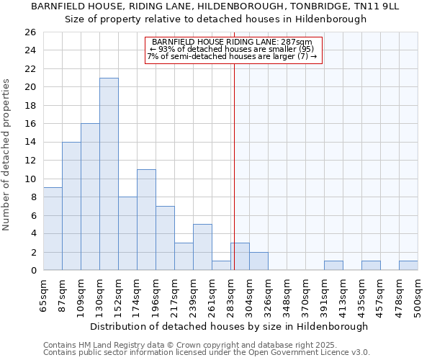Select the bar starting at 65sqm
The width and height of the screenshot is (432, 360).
point(53,229)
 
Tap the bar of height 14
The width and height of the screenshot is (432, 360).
point(71,206)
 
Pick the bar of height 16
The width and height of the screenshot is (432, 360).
point(90,197)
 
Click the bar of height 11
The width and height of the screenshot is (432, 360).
point(146,220)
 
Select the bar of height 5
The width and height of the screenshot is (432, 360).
point(202,247)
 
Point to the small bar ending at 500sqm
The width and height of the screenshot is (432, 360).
point(408,266)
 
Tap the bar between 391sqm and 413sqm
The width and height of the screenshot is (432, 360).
point(333,266)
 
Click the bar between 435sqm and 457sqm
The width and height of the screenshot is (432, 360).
point(371,266)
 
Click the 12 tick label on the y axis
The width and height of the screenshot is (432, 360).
point(30,161)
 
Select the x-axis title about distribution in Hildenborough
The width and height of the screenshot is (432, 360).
point(230,326)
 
